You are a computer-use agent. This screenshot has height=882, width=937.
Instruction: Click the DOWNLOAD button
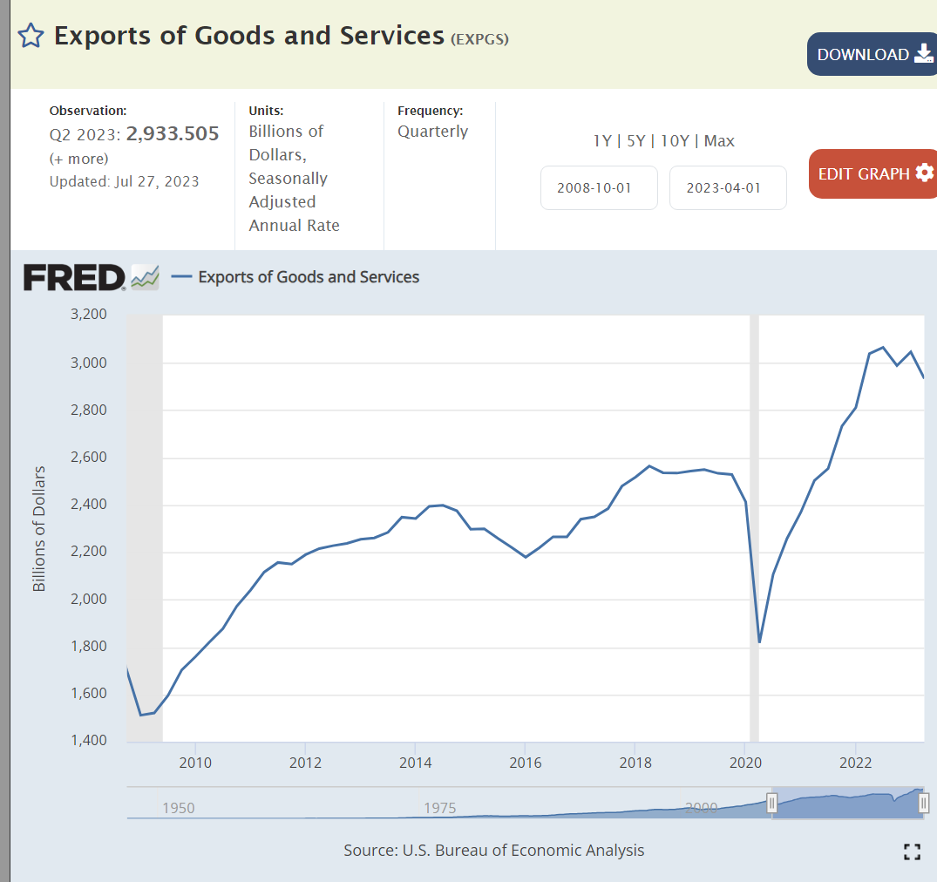click(872, 54)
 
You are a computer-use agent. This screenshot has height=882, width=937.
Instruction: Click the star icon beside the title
click(31, 36)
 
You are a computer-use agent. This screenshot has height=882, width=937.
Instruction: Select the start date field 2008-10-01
click(599, 188)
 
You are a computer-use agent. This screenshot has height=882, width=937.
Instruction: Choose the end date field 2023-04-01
click(728, 188)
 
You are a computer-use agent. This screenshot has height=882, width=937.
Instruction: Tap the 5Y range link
click(637, 141)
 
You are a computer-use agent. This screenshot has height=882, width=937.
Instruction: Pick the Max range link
click(719, 141)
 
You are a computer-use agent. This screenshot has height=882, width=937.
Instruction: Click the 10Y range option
click(675, 141)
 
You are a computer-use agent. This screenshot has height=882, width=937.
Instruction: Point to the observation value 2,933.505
click(173, 133)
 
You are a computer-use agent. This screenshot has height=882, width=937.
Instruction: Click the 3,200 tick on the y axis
click(87, 315)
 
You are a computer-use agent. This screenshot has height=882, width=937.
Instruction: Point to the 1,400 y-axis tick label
click(87, 741)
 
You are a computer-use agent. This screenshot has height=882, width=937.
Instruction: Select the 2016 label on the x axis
click(525, 763)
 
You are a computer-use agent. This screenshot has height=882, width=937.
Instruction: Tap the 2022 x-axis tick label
click(856, 763)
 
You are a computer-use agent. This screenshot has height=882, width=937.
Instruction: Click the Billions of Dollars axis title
click(39, 529)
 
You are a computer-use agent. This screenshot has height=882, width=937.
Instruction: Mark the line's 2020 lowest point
click(760, 642)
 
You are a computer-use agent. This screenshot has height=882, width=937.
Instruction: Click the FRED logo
click(75, 278)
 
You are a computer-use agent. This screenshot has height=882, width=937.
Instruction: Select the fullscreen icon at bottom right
click(912, 852)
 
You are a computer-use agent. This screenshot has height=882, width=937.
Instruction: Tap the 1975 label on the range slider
click(440, 808)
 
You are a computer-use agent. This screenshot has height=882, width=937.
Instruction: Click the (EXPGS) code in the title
click(479, 38)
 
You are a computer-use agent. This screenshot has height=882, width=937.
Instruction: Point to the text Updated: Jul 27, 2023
click(124, 181)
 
